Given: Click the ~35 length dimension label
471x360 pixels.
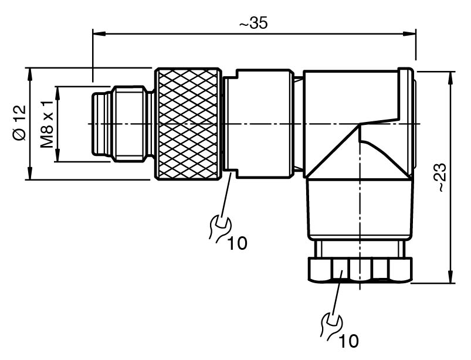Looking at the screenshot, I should pos(254,25).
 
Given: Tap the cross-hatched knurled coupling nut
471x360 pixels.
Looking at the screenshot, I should pos(189,124).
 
